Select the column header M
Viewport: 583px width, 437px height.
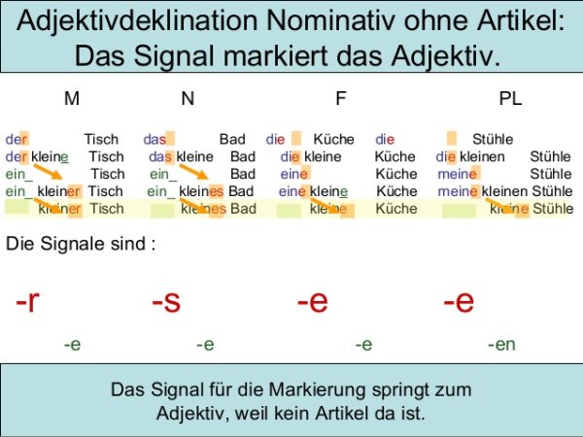pos(71,99)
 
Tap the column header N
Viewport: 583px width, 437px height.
pos(187,99)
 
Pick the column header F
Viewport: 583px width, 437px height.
pos(340,99)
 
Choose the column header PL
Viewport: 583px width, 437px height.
pos(510,99)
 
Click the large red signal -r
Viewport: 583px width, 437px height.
pos(28,302)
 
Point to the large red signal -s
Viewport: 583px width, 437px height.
pos(166,302)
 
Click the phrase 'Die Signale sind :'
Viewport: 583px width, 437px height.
pos(81,244)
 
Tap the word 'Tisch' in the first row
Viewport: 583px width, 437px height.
pos(102,140)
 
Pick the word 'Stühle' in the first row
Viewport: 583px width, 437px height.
pos(492,140)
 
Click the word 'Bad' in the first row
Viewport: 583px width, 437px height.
pos(232,140)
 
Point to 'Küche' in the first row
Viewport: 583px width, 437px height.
pos(334,140)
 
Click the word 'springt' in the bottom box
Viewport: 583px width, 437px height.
pos(403,390)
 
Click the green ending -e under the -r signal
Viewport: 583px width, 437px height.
pos(72,344)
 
